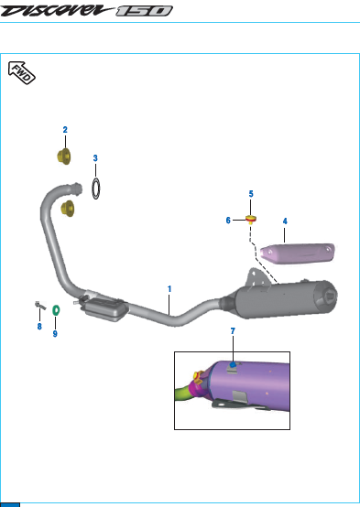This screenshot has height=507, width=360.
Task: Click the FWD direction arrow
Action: [21, 72]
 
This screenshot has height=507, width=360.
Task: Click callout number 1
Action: [169, 289]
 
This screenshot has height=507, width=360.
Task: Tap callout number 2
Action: [65, 130]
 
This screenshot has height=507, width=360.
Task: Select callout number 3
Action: [95, 158]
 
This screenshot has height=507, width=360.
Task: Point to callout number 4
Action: [285, 221]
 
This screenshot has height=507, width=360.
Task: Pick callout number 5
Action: [251, 194]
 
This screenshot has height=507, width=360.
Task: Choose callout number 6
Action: [228, 221]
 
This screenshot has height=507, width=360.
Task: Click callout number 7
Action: [233, 331]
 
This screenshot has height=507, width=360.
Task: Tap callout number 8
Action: [39, 327]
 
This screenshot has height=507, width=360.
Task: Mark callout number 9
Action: [55, 334]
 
